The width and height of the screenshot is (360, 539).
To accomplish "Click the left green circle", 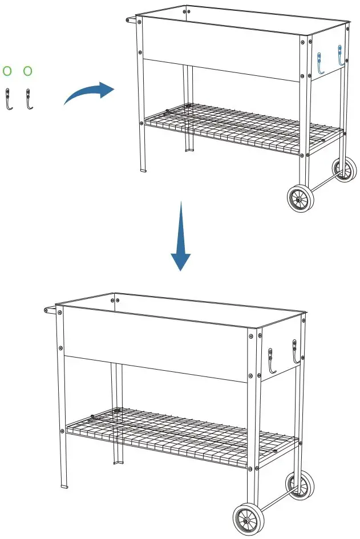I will pos(7,71).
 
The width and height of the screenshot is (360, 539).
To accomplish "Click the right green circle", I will pos(27,71).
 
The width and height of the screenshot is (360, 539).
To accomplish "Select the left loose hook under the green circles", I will pos(9,99).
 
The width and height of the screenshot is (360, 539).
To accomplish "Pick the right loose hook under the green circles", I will pos(27,99).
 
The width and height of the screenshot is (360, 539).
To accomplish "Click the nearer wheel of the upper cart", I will pos(300,199).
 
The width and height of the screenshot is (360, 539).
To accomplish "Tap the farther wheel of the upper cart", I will pos(344,169).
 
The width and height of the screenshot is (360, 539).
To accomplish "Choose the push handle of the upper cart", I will pos(132,20).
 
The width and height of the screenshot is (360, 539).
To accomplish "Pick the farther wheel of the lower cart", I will pos(300,485).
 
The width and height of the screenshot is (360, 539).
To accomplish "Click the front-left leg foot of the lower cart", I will pos(64,486).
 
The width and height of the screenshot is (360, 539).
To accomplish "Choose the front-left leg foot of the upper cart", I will pos(143,170).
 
